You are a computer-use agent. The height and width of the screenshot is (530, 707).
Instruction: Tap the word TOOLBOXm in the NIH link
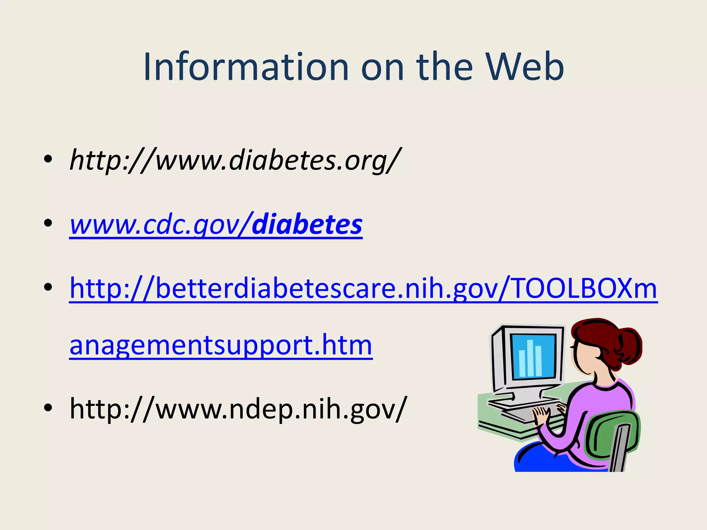click(x=583, y=288)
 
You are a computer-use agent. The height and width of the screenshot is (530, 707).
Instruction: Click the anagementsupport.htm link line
click(x=221, y=345)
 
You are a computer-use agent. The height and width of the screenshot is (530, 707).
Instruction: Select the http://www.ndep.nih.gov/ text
click(x=238, y=409)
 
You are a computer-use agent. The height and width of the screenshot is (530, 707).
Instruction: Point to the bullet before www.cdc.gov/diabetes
click(x=48, y=223)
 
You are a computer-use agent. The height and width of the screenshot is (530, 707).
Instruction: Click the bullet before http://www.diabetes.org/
click(x=48, y=159)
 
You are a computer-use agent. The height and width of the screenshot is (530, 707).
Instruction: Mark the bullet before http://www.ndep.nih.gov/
click(x=48, y=408)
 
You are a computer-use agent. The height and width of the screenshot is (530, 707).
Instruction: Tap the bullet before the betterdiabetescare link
click(x=48, y=287)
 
